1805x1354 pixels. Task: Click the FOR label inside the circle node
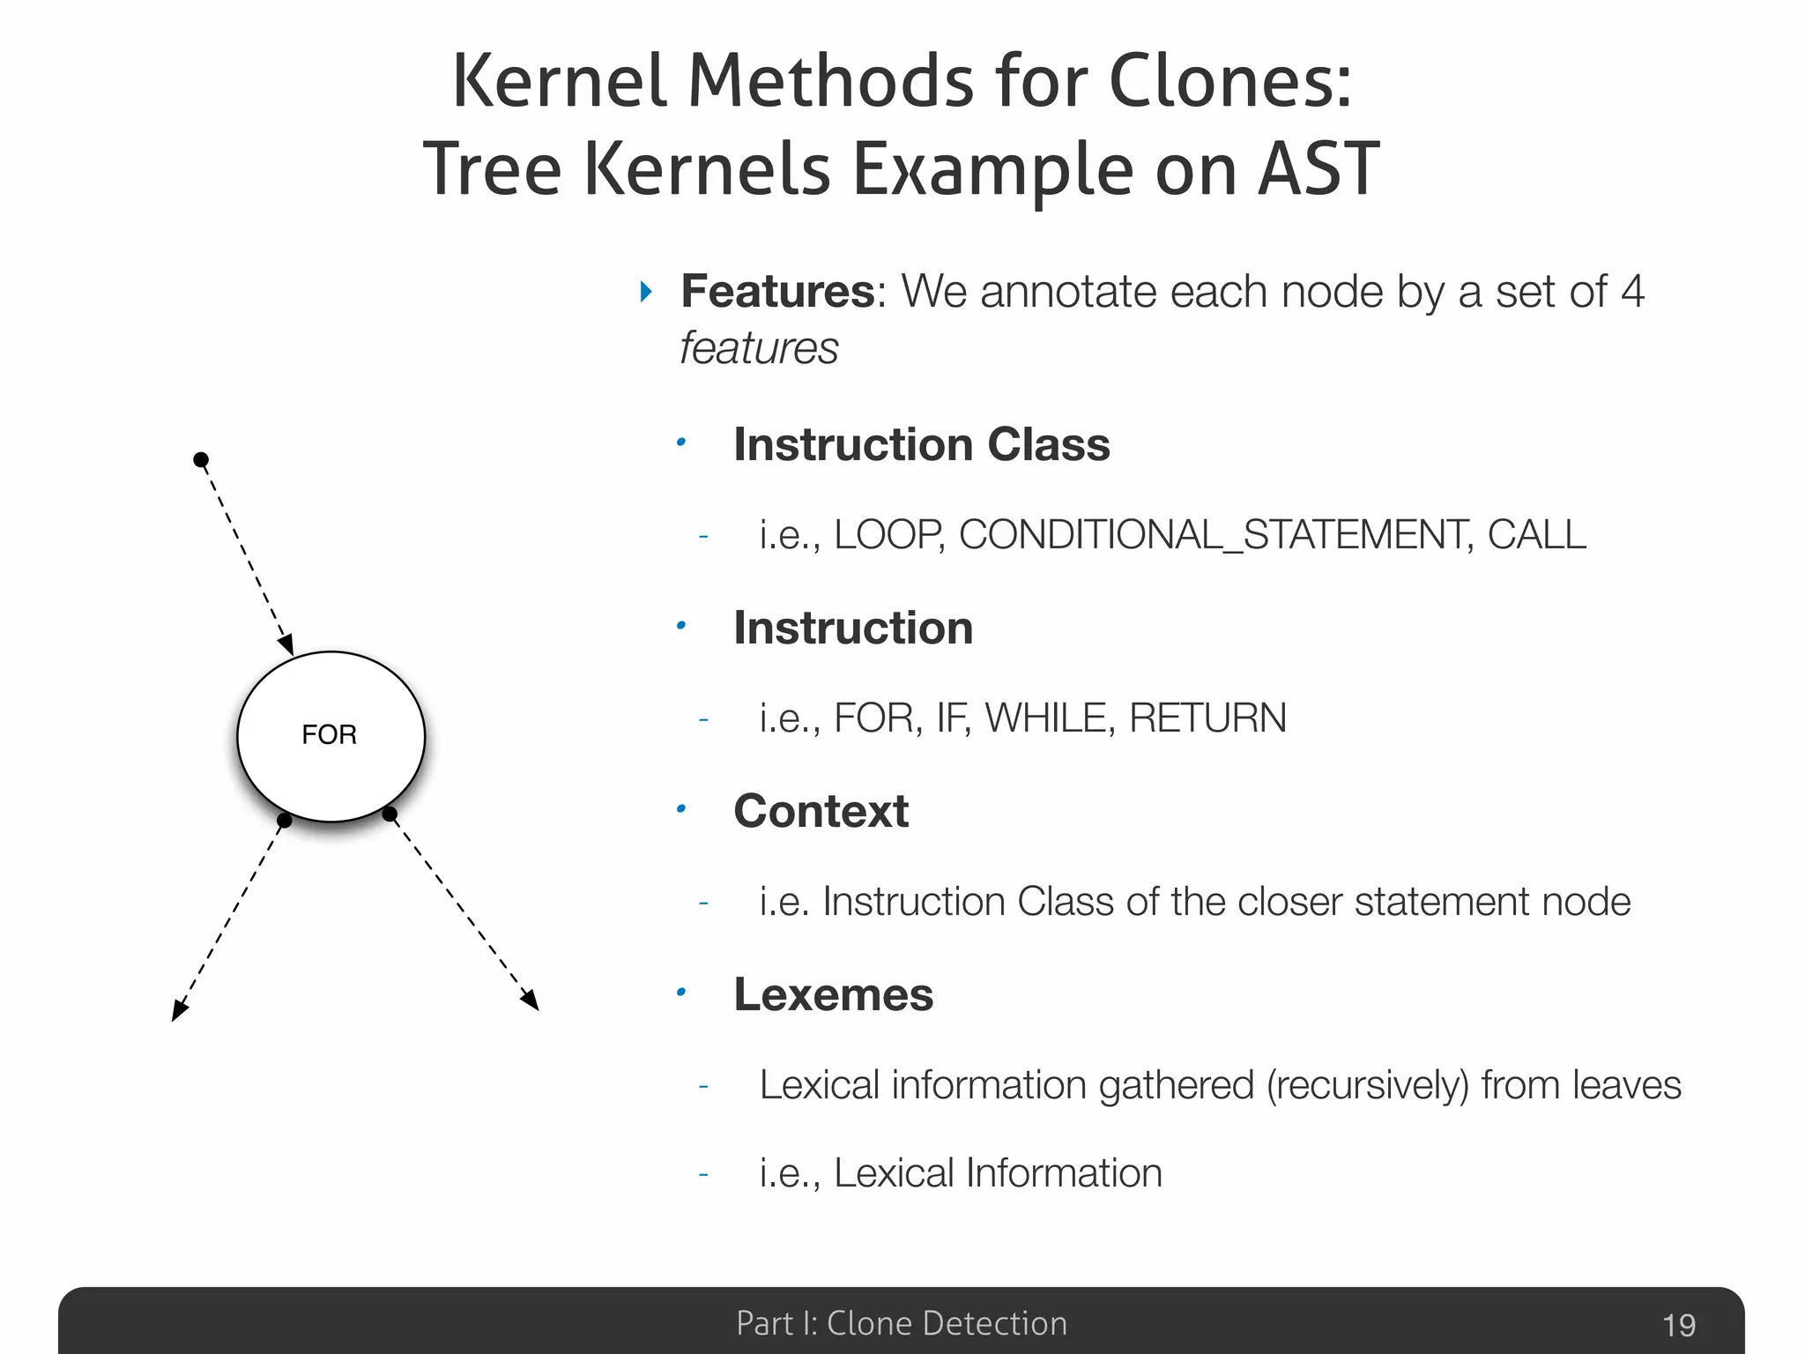pyautogui.click(x=329, y=734)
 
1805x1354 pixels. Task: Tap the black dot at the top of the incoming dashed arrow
pyautogui.click(x=201, y=459)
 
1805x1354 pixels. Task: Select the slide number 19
pyautogui.click(x=1678, y=1325)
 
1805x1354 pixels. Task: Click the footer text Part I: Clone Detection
pyautogui.click(x=901, y=1323)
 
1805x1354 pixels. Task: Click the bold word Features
pyautogui.click(x=776, y=291)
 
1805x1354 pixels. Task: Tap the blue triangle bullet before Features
pyautogui.click(x=647, y=291)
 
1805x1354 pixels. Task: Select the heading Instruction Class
pyautogui.click(x=921, y=444)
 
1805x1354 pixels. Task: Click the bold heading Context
pyautogui.click(x=821, y=811)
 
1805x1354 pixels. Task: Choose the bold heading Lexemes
pyautogui.click(x=833, y=994)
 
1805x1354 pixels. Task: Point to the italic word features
pyautogui.click(x=759, y=348)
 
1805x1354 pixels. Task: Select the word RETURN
pyautogui.click(x=1207, y=718)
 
